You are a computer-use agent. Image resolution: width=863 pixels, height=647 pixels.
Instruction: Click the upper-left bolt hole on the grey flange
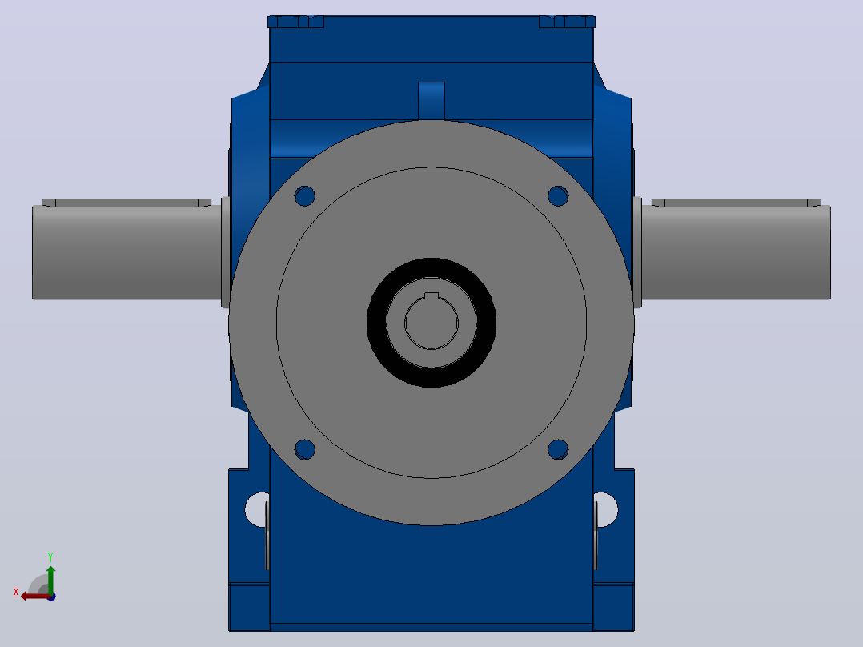[304, 196]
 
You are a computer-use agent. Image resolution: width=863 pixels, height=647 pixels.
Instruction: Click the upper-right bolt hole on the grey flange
[558, 196]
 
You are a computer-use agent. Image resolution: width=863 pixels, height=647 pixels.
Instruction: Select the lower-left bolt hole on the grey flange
[304, 449]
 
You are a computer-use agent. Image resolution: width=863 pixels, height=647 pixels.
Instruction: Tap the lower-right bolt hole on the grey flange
[558, 449]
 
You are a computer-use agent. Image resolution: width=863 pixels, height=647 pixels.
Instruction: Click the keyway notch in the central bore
[431, 296]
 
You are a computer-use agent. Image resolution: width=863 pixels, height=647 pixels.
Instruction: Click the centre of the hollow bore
[431, 323]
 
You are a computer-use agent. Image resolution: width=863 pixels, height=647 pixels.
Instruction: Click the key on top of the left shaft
[127, 203]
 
